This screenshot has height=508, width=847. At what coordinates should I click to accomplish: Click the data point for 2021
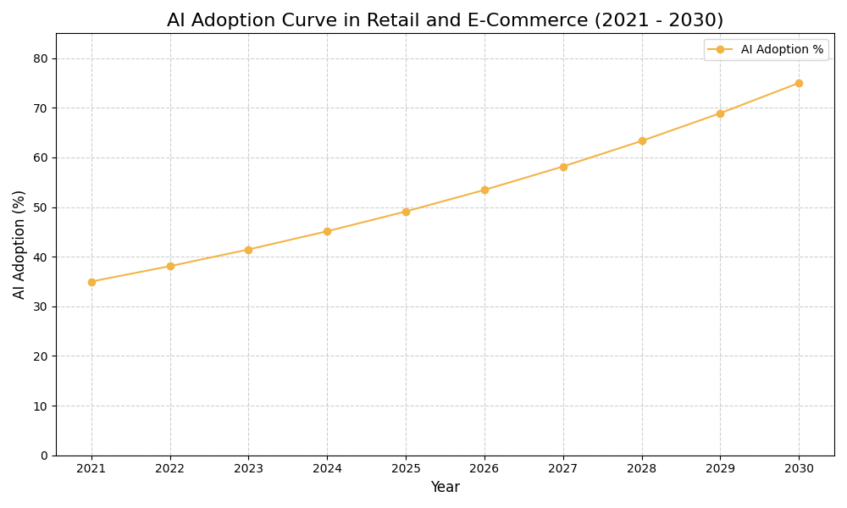pyautogui.click(x=91, y=282)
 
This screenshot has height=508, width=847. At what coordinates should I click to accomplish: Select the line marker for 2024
pyautogui.click(x=327, y=231)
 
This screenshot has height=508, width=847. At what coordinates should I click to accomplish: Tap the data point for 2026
pyautogui.click(x=484, y=190)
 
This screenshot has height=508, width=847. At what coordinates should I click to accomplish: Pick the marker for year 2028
pyautogui.click(x=642, y=141)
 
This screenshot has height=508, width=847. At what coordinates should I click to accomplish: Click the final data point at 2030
pyautogui.click(x=799, y=83)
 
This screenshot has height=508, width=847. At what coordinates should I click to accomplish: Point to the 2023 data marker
pyautogui.click(x=248, y=250)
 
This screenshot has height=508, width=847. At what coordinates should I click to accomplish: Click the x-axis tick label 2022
pyautogui.click(x=170, y=468)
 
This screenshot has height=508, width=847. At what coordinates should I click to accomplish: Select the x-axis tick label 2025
pyautogui.click(x=406, y=468)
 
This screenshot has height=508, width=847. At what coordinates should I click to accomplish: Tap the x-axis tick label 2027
pyautogui.click(x=563, y=468)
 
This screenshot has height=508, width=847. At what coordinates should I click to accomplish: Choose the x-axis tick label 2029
pyautogui.click(x=720, y=468)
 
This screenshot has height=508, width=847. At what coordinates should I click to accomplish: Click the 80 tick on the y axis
pyautogui.click(x=41, y=58)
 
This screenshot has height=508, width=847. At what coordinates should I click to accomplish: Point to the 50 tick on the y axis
pyautogui.click(x=41, y=207)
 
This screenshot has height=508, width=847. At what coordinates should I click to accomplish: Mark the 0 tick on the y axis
pyautogui.click(x=44, y=456)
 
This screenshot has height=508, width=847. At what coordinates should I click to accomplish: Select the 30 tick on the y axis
pyautogui.click(x=41, y=306)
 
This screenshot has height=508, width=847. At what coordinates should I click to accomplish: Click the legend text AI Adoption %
pyautogui.click(x=782, y=50)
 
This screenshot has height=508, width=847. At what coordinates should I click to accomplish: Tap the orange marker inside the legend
pyautogui.click(x=721, y=50)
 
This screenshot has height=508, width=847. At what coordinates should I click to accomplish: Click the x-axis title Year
pyautogui.click(x=445, y=488)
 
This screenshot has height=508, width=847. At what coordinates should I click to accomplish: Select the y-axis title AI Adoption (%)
pyautogui.click(x=19, y=244)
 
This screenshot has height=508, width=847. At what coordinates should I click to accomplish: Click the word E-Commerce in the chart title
pyautogui.click(x=536, y=20)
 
